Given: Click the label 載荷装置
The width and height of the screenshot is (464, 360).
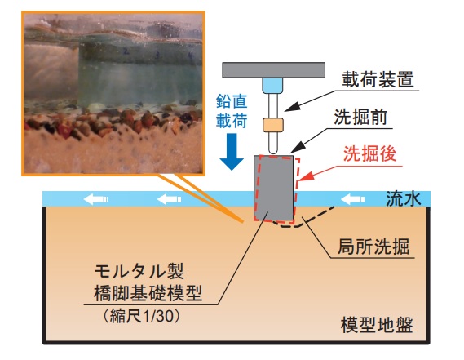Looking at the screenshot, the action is coord(378,79).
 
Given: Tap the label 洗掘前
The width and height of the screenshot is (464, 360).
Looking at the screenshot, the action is coord(360,117).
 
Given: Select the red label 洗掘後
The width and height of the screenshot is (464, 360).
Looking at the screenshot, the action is coord(370,153).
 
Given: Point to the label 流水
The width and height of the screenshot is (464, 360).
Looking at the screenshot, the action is coord(404,198).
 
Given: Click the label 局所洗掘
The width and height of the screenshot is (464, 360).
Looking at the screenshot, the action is coord(373,247).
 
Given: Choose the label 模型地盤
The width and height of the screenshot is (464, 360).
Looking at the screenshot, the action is coord(377,325).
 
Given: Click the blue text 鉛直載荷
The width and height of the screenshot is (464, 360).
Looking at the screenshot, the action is coord(232,111).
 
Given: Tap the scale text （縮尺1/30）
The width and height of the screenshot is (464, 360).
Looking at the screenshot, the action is coord(142,316).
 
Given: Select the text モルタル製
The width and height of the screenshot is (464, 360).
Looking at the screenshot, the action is coord(139,271).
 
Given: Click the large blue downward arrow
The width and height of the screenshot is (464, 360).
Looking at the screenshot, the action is coord(232,152).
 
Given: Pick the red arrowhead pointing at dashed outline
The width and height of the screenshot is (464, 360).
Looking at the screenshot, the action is coord(305,176).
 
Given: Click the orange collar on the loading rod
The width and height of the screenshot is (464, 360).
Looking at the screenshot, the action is coord(273,125).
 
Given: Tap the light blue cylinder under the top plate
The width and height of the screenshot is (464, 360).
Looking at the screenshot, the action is coord(272,86).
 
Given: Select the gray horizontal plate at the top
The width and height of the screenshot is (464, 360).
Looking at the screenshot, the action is coord(274,70).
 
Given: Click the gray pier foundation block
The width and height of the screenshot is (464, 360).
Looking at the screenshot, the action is coord(274,188).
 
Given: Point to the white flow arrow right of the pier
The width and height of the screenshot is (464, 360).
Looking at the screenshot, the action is coord(353,199).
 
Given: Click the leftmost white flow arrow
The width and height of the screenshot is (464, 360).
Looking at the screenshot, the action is coord(95,199).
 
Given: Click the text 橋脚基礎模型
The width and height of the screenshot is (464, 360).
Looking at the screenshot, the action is coord(148,293).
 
